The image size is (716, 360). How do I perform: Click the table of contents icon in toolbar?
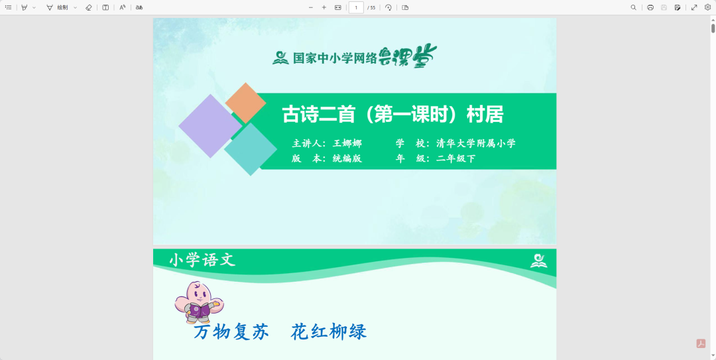(9, 7)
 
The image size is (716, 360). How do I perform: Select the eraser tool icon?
(89, 7)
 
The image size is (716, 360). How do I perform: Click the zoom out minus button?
(311, 7)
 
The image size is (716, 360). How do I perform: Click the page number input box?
(356, 7)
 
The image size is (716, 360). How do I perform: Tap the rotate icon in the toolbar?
(388, 7)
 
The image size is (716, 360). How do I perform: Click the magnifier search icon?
(633, 7)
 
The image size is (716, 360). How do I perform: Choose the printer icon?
(650, 7)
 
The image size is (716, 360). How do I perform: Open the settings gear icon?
(707, 7)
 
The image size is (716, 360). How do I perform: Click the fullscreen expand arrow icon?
(694, 7)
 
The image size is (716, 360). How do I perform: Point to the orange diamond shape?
(245, 103)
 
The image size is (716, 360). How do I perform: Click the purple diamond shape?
(210, 126)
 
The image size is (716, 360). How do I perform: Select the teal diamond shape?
(251, 149)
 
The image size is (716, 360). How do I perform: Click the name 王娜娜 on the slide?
(347, 143)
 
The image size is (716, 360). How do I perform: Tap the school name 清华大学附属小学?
(475, 143)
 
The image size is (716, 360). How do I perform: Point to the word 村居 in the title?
(485, 115)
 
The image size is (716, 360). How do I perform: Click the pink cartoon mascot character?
(198, 301)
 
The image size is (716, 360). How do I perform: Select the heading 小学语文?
(202, 260)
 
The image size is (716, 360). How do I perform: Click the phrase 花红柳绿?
(328, 331)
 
